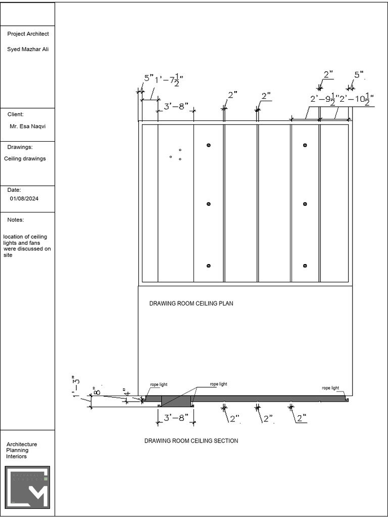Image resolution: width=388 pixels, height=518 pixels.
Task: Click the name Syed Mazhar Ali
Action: [x=28, y=49]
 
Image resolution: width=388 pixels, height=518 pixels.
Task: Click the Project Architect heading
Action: [x=28, y=34]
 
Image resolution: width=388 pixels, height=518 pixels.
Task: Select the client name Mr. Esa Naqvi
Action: [x=28, y=126]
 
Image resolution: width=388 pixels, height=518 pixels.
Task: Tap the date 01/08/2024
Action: [x=24, y=199]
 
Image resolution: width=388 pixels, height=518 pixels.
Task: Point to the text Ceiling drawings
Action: [x=25, y=159]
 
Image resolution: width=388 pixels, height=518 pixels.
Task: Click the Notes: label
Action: [x=16, y=220]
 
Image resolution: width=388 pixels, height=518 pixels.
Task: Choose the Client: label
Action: [x=15, y=115]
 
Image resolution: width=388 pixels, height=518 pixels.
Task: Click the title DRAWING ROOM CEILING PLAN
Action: [x=191, y=304]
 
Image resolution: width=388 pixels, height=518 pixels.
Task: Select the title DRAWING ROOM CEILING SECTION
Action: [x=191, y=441]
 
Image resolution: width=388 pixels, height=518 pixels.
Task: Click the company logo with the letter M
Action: [x=28, y=487]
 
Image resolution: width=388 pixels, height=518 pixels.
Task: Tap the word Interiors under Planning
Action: [x=17, y=457]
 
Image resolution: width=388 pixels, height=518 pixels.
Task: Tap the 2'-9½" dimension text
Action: [x=323, y=99]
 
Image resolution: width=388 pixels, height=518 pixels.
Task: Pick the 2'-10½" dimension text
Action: [x=356, y=99]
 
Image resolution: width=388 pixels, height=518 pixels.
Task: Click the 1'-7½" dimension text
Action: [x=169, y=80]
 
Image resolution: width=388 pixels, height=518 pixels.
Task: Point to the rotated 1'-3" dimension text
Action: [x=75, y=386]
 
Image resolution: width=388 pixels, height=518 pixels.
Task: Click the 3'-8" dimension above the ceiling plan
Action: [x=176, y=107]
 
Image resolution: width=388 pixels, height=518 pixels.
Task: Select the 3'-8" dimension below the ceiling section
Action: [x=176, y=418]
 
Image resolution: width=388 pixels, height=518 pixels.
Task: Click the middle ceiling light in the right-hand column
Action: [x=305, y=204]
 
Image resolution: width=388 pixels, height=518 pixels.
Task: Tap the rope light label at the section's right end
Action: [x=330, y=388]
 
